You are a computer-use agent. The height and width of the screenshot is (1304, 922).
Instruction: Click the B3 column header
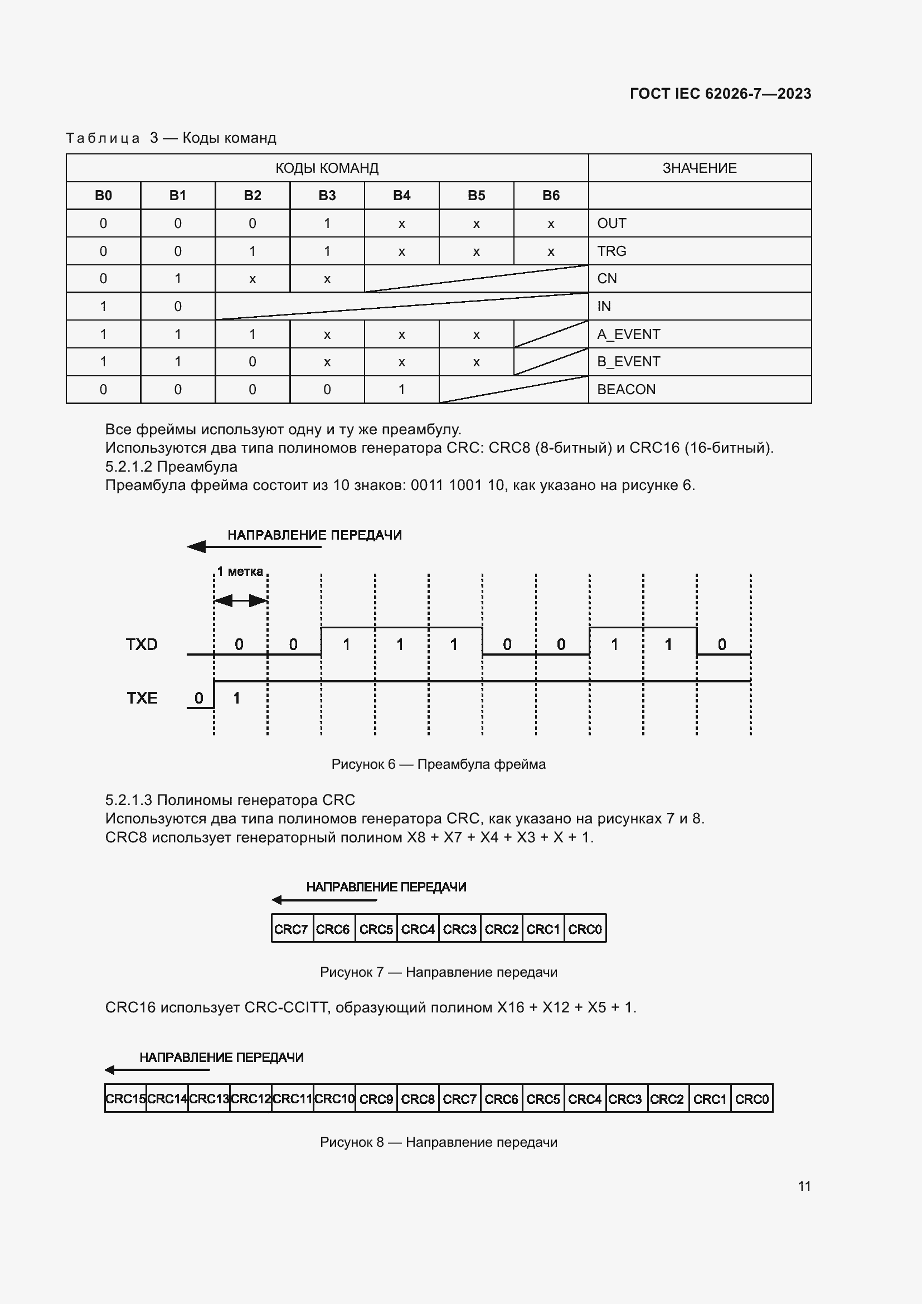pos(327,195)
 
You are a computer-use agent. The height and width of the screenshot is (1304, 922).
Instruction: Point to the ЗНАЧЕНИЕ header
pos(700,168)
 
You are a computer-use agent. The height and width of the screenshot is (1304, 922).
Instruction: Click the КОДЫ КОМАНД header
pos(327,168)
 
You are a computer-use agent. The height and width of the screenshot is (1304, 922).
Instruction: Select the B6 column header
pos(551,195)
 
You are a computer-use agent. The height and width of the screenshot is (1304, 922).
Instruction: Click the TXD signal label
pos(142,644)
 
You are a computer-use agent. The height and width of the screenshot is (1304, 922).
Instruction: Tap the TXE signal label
pos(142,698)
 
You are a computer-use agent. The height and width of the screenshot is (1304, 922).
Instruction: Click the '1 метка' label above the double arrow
pos(240,572)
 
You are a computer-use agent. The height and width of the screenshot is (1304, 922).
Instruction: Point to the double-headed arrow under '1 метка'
pos(241,600)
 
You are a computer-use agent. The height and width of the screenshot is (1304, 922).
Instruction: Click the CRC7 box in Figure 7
pos(291,929)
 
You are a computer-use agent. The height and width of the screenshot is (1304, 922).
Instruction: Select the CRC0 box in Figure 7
pos(585,929)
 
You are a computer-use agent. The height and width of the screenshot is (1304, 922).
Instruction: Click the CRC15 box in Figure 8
pos(125,1099)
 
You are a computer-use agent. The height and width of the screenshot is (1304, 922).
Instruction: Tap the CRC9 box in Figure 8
pos(376,1099)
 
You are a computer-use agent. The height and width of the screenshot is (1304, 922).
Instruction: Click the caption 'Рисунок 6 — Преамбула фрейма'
pos(438,764)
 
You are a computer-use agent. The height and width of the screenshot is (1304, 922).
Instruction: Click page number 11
pos(804,1186)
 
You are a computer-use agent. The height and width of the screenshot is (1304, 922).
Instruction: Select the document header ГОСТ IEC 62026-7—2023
pos(720,94)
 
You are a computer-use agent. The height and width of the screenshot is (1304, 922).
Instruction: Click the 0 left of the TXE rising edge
pos(198,698)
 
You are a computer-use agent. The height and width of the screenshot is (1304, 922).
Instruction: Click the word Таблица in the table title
pos(103,138)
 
